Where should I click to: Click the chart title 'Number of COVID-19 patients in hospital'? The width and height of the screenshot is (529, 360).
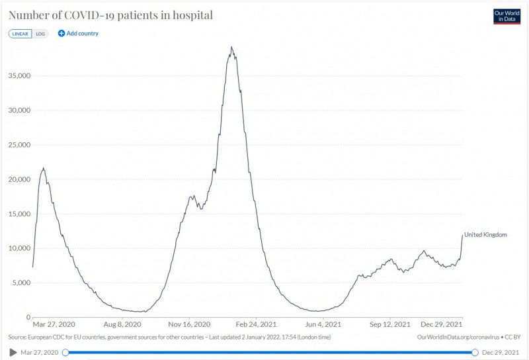(x=110, y=15)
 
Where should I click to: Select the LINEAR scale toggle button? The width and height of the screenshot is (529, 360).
(x=20, y=33)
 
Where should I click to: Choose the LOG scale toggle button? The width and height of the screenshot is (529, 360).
(x=41, y=33)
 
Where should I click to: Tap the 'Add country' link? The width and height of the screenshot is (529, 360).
(x=78, y=33)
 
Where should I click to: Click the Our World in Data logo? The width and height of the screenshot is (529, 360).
(x=507, y=16)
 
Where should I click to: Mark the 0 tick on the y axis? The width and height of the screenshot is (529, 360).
(x=27, y=317)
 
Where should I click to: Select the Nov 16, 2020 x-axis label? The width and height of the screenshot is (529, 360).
(x=190, y=325)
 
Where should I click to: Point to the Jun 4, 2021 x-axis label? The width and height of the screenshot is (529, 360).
(x=323, y=325)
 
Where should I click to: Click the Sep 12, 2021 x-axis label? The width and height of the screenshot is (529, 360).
(x=389, y=325)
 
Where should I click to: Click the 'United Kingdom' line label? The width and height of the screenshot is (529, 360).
(x=485, y=234)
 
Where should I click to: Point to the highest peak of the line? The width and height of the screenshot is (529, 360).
(x=231, y=47)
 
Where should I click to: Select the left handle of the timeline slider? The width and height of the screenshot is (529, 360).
(x=65, y=352)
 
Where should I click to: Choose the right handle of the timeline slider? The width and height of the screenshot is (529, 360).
(x=475, y=352)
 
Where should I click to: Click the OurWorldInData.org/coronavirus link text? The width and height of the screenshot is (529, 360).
(x=456, y=337)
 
